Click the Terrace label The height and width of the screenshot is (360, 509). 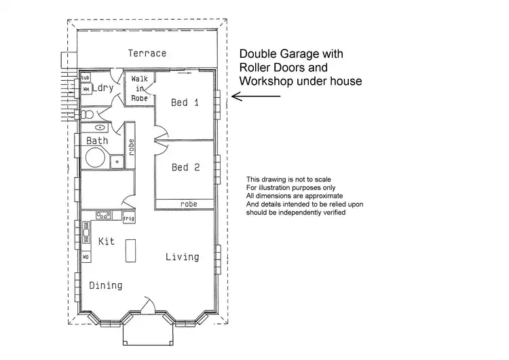click(147, 53)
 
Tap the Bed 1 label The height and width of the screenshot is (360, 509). click(185, 103)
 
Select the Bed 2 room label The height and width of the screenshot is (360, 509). click(185, 167)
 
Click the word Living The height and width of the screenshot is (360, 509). click(183, 257)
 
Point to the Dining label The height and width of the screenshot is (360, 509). click(106, 285)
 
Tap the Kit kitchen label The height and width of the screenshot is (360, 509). click(107, 241)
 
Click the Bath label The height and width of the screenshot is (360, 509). click(97, 141)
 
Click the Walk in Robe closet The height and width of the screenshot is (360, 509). click(140, 88)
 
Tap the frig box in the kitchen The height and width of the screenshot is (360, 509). click(128, 218)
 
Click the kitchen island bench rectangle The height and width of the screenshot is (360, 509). click(129, 251)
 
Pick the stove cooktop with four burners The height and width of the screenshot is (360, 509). click(104, 215)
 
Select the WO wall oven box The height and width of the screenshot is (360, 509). click(86, 258)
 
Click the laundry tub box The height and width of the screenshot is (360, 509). click(86, 78)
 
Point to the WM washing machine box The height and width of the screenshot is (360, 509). click(86, 89)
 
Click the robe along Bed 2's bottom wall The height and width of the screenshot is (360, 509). click(188, 203)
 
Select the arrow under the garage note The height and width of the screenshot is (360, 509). click(256, 96)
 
